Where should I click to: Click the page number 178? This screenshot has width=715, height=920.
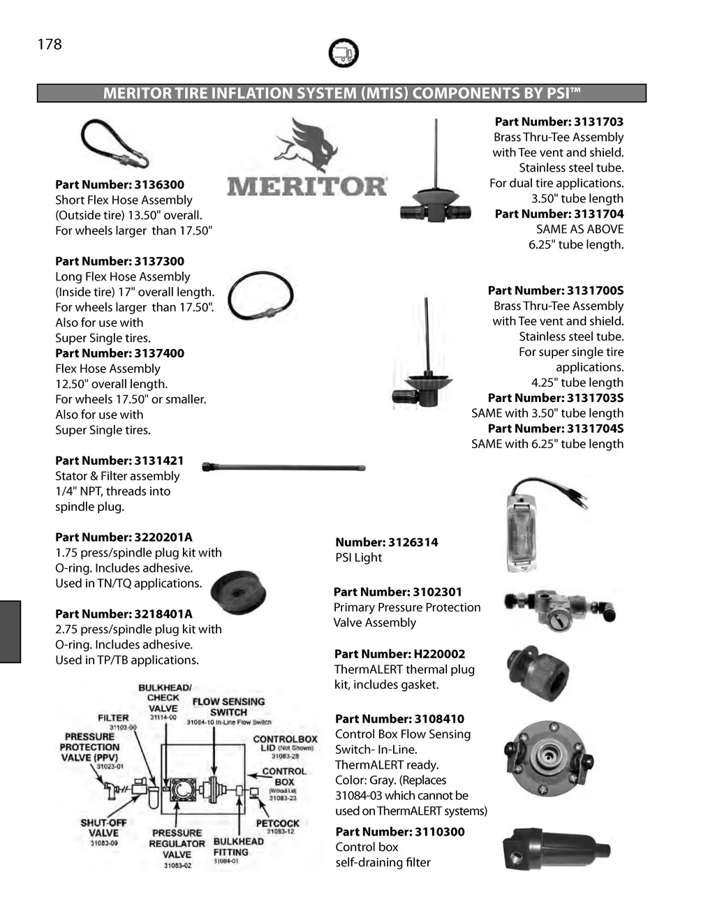coord(50,45)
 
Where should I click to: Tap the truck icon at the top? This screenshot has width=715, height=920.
coord(343,53)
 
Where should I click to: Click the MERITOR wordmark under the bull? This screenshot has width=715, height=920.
coord(307,186)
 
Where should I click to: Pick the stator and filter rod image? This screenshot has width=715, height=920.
coord(283,468)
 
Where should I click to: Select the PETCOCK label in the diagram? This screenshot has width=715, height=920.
coord(277,823)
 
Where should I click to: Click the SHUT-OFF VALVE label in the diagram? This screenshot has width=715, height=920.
coord(103,827)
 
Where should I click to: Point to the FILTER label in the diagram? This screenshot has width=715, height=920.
coord(113,718)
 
